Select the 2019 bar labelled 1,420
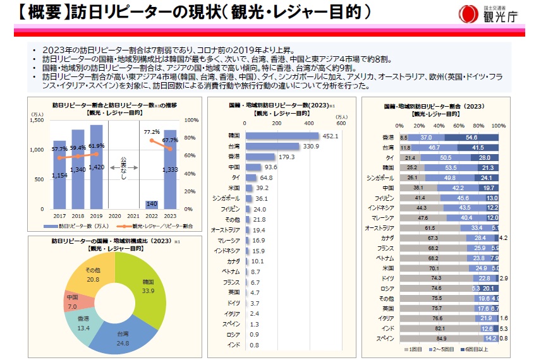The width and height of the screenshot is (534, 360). click(x=96, y=167)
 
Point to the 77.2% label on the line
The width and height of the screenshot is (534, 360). click(x=152, y=132)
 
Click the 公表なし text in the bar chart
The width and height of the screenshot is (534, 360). click(x=124, y=167)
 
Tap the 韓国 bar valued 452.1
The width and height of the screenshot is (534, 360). click(x=282, y=136)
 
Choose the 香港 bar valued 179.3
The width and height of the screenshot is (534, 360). click(x=260, y=157)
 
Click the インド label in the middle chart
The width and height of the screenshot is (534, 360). click(x=234, y=344)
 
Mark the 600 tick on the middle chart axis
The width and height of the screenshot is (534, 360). click(x=341, y=124)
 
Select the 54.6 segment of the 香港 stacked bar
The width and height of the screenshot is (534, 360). click(x=471, y=137)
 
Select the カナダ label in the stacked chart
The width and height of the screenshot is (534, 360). click(x=387, y=238)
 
